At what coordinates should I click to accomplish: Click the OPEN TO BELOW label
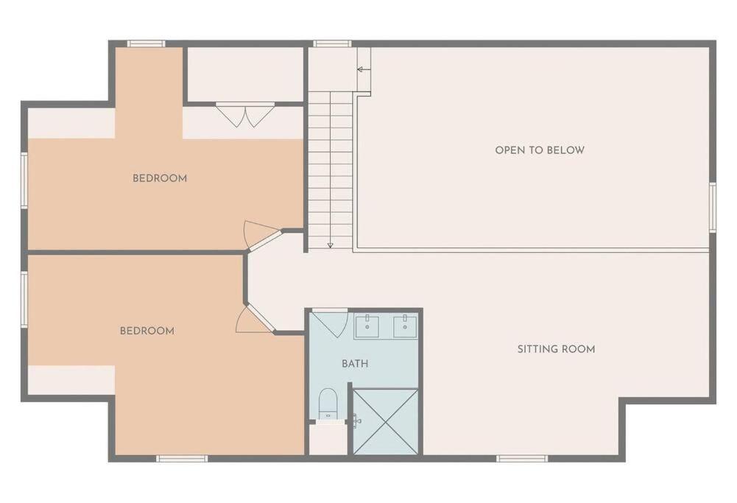coord(540,150)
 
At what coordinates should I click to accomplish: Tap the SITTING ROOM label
coord(556,349)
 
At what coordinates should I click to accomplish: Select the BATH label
coord(355,363)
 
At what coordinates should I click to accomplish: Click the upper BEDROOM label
coord(160,178)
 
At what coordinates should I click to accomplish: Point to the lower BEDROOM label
coord(147,331)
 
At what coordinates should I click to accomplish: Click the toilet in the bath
coord(328,404)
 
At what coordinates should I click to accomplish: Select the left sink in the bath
coord(367,326)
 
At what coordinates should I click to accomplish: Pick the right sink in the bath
coord(405,326)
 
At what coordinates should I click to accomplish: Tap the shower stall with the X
coord(385,421)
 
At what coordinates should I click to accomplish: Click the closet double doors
coord(244,115)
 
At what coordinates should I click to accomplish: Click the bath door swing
coord(331,323)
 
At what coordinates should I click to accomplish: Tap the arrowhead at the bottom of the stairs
coord(330,245)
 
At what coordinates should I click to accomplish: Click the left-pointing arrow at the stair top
coord(364,69)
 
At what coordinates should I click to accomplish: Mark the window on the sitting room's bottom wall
coord(522,458)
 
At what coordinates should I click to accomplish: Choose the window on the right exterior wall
coord(713,207)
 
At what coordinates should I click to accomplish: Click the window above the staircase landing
coord(332,43)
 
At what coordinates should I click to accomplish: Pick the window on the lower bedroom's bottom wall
coord(182,458)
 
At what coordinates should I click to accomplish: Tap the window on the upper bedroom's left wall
coord(24,180)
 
